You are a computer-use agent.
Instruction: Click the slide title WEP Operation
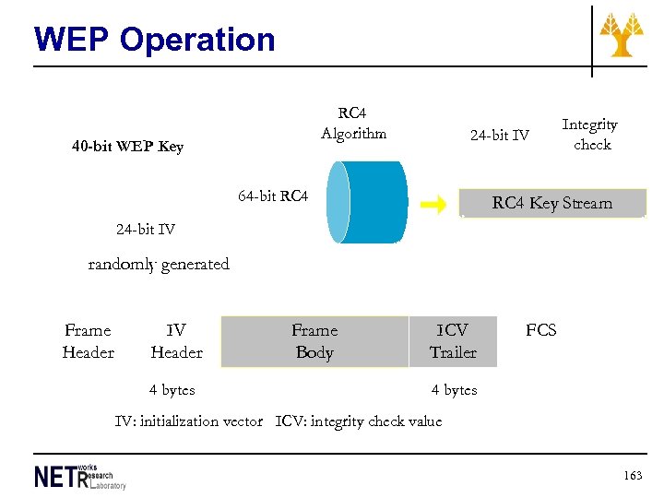point(154,40)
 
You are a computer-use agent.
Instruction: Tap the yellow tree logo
point(622,36)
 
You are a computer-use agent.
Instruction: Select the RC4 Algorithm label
point(353,124)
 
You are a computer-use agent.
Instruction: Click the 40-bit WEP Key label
point(127,146)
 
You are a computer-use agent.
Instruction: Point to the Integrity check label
point(590,134)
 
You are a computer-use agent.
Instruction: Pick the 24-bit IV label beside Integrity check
point(500,136)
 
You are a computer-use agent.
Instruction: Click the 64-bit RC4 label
point(273,196)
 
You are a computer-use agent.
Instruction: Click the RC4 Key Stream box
point(552,203)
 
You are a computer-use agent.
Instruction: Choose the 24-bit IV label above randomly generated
point(146,229)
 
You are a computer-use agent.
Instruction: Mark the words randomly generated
point(159,264)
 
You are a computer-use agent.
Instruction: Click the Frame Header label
point(88,341)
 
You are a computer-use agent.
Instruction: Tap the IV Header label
point(176,341)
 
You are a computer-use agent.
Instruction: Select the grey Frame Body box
point(314,341)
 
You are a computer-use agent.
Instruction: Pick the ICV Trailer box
point(453,341)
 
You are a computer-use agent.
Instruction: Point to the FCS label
point(541,330)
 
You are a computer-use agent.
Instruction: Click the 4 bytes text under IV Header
point(172,390)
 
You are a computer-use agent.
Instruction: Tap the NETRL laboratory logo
point(80,476)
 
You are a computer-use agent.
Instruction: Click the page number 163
point(633,475)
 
